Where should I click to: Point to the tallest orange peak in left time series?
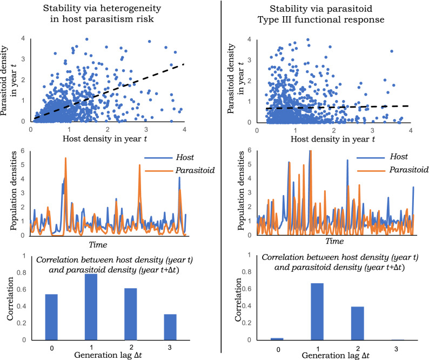click(x=65, y=158)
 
